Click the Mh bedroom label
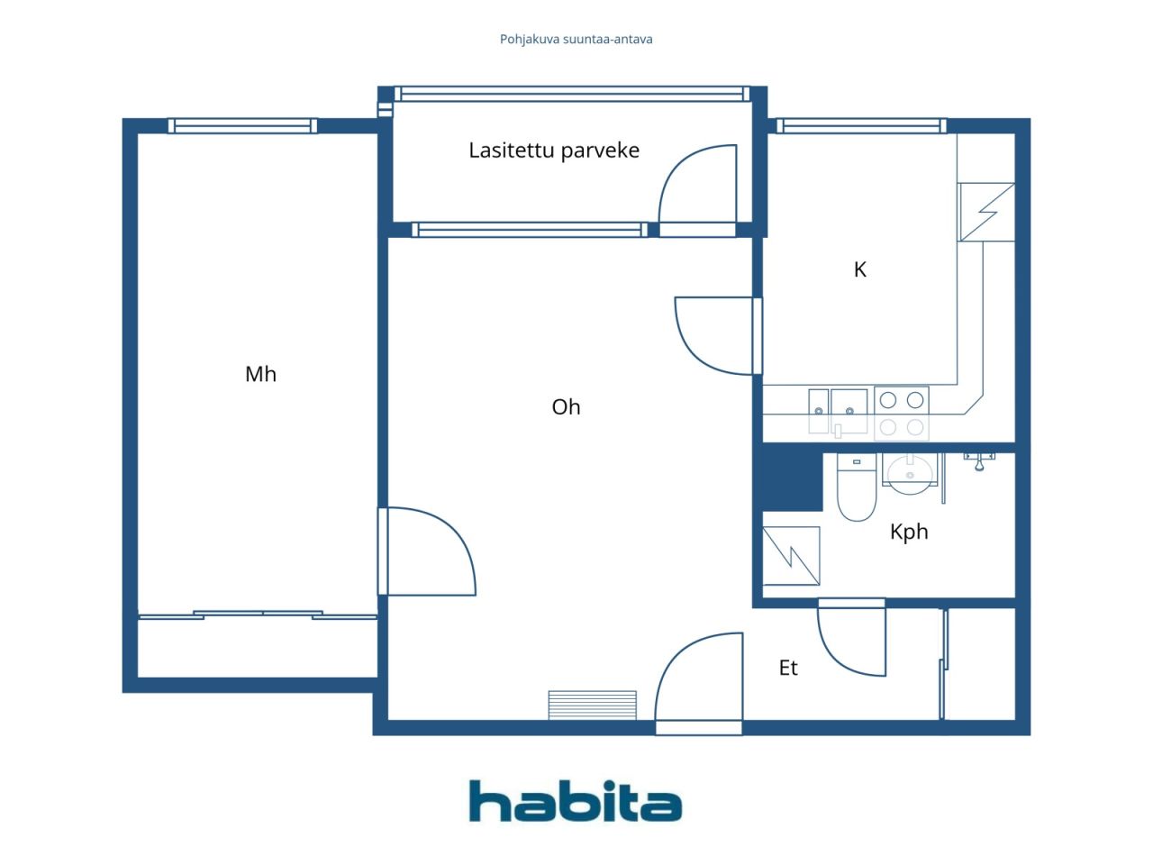coord(260,374)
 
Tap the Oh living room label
coord(566,407)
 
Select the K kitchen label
coord(860,269)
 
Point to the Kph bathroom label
coord(909,532)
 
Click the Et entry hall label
coord(788,668)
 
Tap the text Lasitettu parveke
coord(554,150)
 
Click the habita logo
coord(576,801)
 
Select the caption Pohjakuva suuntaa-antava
coord(576,40)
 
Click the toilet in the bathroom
coord(857,487)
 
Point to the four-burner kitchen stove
coord(902,414)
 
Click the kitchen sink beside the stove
coord(838,412)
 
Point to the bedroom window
coord(242,126)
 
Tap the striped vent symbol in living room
coord(592,706)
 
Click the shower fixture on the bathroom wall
coord(979,461)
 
